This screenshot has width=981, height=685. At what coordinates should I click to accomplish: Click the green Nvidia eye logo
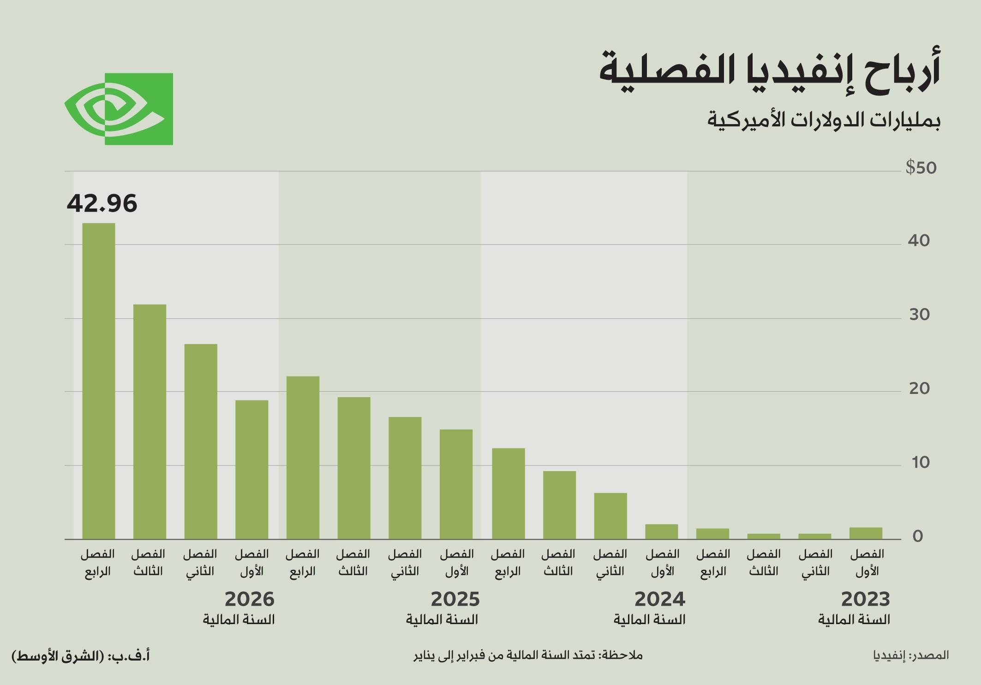tap(119, 109)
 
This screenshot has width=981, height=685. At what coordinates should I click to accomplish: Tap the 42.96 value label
tap(102, 203)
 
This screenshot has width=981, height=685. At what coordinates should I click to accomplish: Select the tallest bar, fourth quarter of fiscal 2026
tap(99, 381)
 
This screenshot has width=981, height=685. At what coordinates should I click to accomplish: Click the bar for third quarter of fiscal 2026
tap(150, 422)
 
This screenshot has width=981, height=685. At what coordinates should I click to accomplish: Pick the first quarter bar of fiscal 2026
tap(251, 470)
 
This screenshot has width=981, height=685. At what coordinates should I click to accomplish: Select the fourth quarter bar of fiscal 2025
tap(303, 458)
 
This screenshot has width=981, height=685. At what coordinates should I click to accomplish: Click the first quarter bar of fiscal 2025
tap(456, 484)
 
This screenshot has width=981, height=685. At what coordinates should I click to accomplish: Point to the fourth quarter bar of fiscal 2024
tap(508, 494)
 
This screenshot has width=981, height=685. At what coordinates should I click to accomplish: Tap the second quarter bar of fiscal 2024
tap(610, 516)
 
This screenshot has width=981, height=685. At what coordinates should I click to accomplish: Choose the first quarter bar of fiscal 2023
tap(866, 533)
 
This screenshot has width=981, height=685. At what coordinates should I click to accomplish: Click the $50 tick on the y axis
tap(921, 168)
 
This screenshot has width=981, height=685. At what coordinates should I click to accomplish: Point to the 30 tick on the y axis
tap(919, 315)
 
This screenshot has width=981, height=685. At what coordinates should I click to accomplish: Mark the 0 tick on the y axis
tap(917, 536)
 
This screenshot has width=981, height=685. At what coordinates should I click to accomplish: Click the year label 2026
tap(249, 599)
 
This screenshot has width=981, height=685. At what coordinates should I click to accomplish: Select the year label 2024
tap(659, 599)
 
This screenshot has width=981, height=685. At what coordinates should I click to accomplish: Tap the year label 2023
tap(865, 599)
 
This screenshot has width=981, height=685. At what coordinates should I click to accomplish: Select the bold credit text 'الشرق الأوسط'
tap(58, 656)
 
